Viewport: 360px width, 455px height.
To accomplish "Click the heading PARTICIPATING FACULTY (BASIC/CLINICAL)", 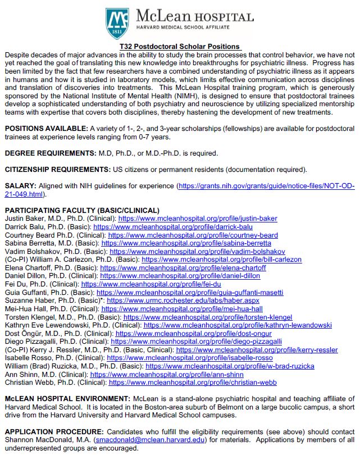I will pyautogui.click(x=74, y=210).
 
